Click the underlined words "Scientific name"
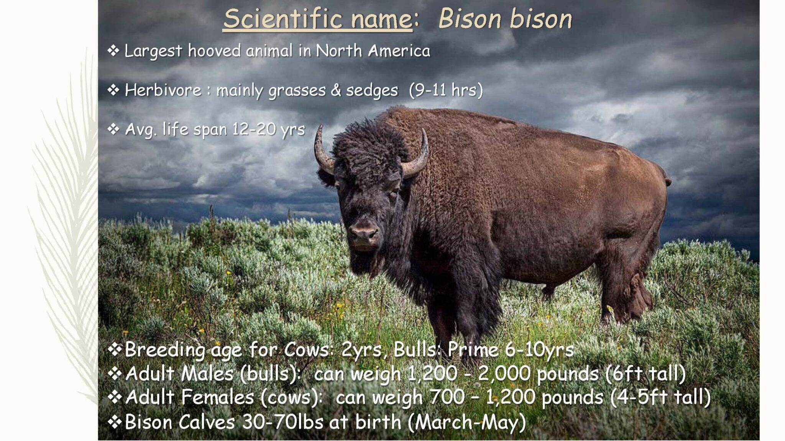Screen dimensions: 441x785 coord(317,19)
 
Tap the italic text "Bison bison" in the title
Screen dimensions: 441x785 coord(505,19)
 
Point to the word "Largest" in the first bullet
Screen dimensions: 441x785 coord(153,51)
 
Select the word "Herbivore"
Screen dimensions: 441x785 coord(163,90)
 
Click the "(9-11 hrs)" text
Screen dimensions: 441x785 coord(446,90)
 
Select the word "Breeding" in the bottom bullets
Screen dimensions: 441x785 coord(165,350)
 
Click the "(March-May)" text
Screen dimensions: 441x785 coord(466,422)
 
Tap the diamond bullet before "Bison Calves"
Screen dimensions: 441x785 coord(115,422)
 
